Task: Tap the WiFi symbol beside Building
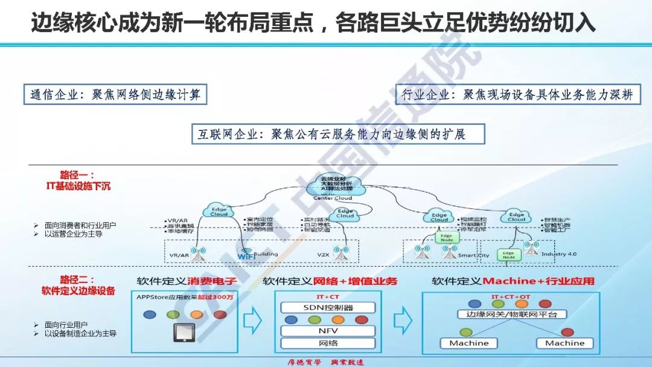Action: [246, 255]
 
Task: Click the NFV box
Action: [328, 331]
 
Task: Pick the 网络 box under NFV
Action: [328, 343]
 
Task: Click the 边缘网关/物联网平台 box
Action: [511, 314]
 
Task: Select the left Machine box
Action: [469, 343]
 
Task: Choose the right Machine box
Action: [564, 343]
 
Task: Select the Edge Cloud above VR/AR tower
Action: [219, 211]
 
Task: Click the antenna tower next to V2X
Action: [342, 254]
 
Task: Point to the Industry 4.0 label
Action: [558, 254]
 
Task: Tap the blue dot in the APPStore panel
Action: [149, 314]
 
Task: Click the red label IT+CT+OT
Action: [511, 297]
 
